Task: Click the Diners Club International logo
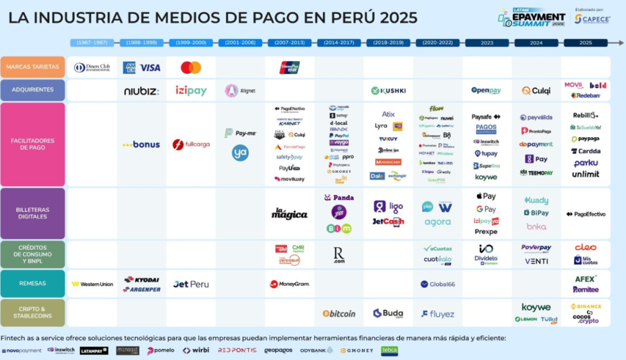coord(92,67)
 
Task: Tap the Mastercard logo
coord(191,67)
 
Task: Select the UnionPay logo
coord(289,67)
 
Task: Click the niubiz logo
coord(141,91)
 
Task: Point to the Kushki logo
coord(388,90)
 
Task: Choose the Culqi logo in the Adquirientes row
coord(536,90)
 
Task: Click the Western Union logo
coord(92,284)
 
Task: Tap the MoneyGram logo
coord(289,284)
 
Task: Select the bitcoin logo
coord(339,314)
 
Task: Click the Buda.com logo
coord(388,314)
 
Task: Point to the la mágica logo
coord(289,214)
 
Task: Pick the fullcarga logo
coord(191,145)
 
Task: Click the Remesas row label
coord(33,284)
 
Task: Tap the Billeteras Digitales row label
coord(33,213)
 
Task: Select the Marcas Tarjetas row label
coord(33,67)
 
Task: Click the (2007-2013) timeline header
coord(289,43)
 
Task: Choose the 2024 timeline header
coord(536,43)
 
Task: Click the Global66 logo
coord(437,284)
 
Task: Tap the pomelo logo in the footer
coord(160,351)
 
